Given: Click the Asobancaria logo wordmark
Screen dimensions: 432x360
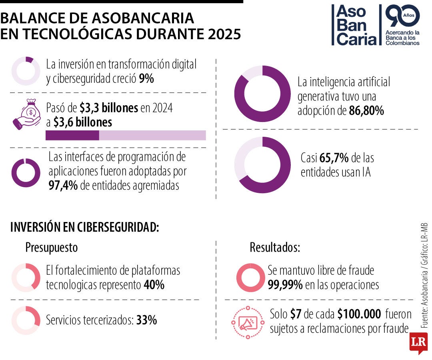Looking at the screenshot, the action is pyautogui.click(x=356, y=25).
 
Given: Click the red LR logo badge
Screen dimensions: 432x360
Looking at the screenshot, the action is pyautogui.click(x=418, y=343).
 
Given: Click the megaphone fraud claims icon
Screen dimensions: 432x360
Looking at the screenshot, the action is pyautogui.click(x=248, y=322).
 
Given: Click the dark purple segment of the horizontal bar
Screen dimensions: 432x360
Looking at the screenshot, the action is pyautogui.click(x=72, y=135).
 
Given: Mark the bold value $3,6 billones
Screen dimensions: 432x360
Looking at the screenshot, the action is pyautogui.click(x=83, y=122).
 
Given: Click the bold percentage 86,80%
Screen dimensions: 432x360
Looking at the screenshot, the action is pyautogui.click(x=366, y=111).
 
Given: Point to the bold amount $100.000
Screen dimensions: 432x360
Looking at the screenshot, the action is pyautogui.click(x=359, y=314).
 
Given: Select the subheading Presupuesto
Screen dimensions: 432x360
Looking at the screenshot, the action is pyautogui.click(x=52, y=248).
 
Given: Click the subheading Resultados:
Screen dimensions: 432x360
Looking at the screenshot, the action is pyautogui.click(x=275, y=247).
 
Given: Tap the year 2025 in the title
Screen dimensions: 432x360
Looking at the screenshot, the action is pyautogui.click(x=224, y=34).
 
